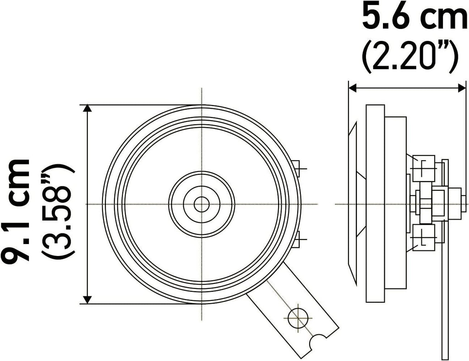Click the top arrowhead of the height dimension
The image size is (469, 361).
coord(87,109)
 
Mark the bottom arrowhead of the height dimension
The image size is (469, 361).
coord(87,300)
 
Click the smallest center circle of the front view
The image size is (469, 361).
coord(202,204)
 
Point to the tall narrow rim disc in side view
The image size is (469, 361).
coord(375,204)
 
